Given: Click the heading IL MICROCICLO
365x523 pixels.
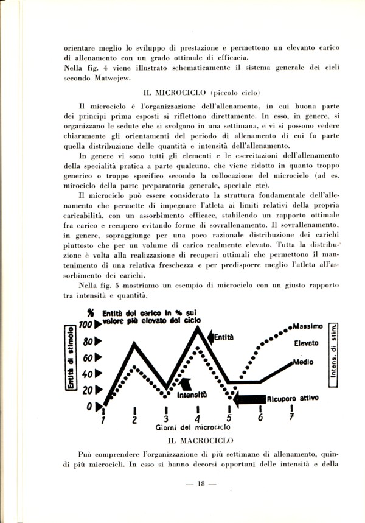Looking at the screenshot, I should pyautogui.click(x=176, y=93).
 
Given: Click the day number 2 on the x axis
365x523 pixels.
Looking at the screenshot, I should pyautogui.click(x=134, y=419).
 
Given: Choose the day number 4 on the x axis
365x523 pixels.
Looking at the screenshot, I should pyautogui.click(x=197, y=419).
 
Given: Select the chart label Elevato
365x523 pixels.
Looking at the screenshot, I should pyautogui.click(x=307, y=343).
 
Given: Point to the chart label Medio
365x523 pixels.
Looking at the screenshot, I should pyautogui.click(x=303, y=362).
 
